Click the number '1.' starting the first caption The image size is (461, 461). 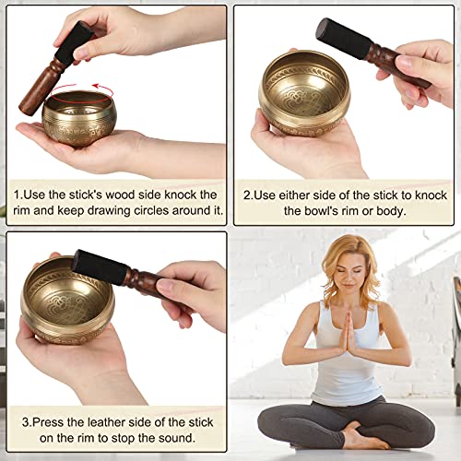click(x=18, y=195)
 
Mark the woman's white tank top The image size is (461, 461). click(x=346, y=360)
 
